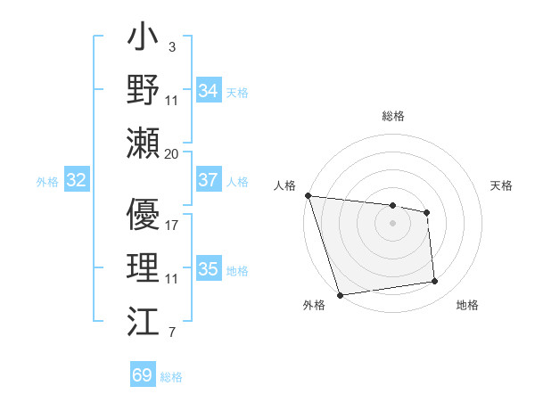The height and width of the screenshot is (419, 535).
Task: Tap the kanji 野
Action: point(144,91)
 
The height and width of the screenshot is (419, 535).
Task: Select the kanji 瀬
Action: point(144,142)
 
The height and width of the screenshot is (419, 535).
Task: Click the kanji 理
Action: point(144,267)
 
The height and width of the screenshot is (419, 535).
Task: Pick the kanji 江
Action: point(144,318)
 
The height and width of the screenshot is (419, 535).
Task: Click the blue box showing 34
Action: point(208,91)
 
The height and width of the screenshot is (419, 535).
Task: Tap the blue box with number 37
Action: point(208,180)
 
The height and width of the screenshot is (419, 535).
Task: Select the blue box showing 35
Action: point(208,269)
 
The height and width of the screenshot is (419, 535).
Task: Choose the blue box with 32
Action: point(76,180)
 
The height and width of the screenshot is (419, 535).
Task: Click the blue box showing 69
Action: point(142,375)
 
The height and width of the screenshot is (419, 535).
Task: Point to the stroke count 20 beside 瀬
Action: point(172,153)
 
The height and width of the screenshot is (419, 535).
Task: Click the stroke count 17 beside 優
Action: point(172,225)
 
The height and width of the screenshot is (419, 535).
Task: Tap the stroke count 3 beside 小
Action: point(171,45)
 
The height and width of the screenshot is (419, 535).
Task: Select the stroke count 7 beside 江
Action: point(171,333)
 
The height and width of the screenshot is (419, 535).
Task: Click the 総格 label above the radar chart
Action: point(392,116)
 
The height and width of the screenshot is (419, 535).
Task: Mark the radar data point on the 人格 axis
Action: point(308,195)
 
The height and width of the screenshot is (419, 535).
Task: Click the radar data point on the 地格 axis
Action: point(435,282)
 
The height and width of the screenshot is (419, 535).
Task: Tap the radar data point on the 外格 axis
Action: point(340,295)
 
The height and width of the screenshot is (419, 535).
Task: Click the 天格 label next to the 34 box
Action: point(237,92)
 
